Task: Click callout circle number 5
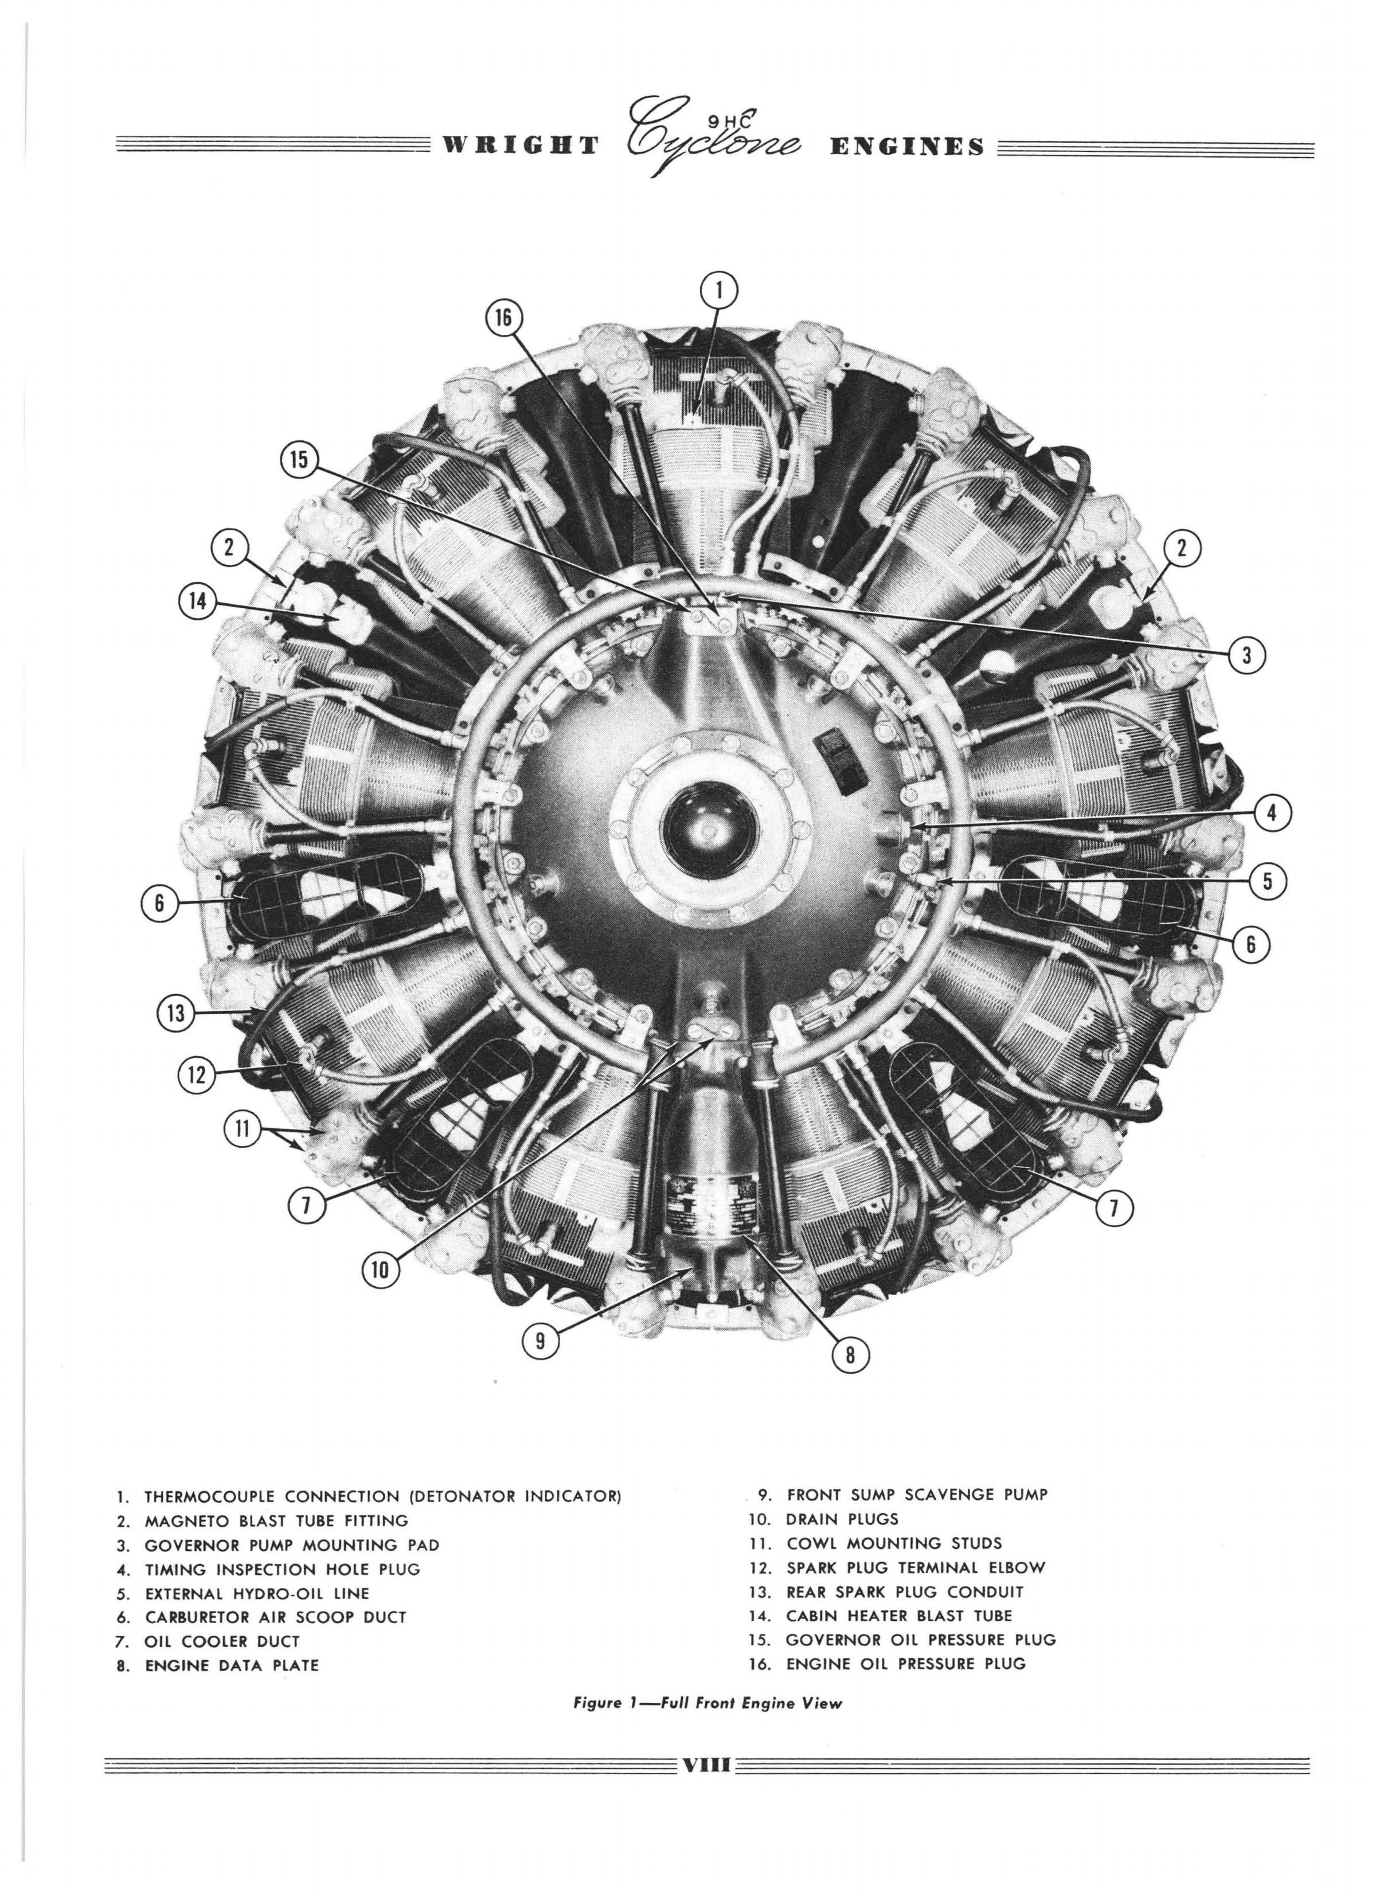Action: pos(1266,882)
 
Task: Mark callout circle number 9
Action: pos(541,1340)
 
